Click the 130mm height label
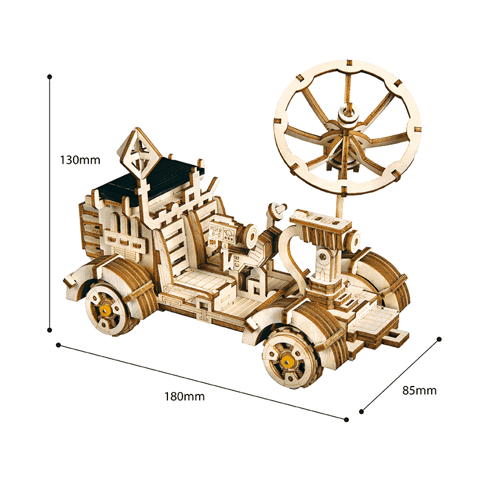tap(80, 160)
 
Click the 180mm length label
tap(184, 397)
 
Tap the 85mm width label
tap(419, 390)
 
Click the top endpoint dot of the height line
tap(49, 77)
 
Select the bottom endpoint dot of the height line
tap(49, 330)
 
